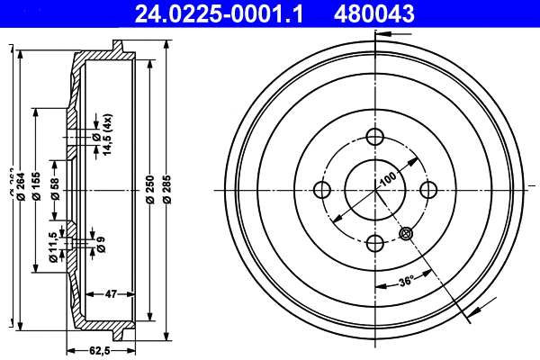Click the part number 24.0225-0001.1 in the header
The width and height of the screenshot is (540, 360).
tap(221, 13)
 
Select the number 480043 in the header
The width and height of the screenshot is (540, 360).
tap(375, 13)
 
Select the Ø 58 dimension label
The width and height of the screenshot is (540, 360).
tap(55, 189)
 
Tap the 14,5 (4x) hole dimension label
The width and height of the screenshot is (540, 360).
tap(105, 136)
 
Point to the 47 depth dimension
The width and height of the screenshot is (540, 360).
tap(112, 293)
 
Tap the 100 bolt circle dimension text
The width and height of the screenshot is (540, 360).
tap(387, 176)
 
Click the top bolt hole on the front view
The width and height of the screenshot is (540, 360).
tap(375, 137)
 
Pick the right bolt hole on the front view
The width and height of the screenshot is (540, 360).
tap(428, 190)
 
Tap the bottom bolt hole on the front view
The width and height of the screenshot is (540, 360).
tap(375, 242)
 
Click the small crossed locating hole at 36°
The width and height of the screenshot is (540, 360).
tap(406, 233)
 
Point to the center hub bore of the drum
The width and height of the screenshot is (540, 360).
tap(375, 190)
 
